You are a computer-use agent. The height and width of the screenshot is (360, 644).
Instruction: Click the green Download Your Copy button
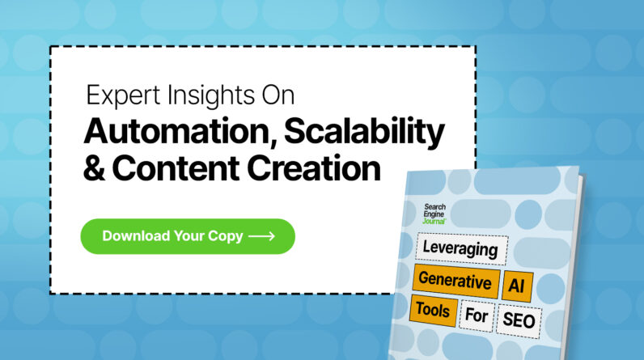click(187, 236)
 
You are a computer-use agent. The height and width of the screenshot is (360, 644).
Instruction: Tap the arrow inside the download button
click(261, 236)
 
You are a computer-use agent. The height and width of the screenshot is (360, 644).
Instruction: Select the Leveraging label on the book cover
click(461, 249)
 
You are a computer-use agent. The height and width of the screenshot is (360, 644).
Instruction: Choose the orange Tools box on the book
click(433, 307)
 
